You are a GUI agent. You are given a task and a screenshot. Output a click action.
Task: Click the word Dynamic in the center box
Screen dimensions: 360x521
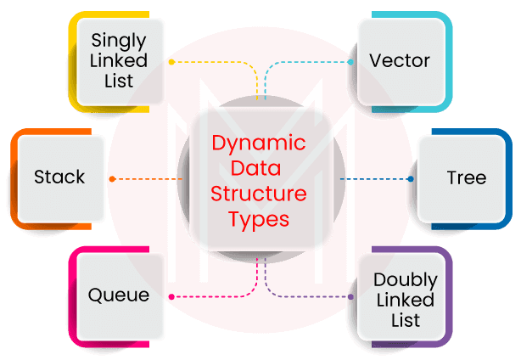pyautogui.click(x=259, y=143)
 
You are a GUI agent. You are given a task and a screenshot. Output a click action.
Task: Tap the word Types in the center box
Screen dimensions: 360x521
pyautogui.click(x=259, y=219)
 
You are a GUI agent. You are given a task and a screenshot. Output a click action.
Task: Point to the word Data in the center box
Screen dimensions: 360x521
pyautogui.click(x=259, y=169)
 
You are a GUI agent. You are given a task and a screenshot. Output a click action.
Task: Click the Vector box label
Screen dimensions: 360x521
pyautogui.click(x=400, y=61)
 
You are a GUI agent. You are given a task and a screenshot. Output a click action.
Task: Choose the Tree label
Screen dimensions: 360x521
pyautogui.click(x=466, y=177)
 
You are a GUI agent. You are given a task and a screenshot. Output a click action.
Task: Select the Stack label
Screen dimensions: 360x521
pyautogui.click(x=59, y=177)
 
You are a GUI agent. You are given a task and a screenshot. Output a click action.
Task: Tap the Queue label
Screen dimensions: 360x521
pyautogui.click(x=119, y=295)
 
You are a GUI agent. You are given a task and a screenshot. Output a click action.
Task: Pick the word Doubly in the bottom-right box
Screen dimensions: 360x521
pyautogui.click(x=406, y=280)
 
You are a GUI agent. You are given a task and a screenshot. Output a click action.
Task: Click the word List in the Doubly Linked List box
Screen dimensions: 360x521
pyautogui.click(x=406, y=321)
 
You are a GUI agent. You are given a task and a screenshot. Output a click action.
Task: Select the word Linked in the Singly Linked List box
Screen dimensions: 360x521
pyautogui.click(x=120, y=61)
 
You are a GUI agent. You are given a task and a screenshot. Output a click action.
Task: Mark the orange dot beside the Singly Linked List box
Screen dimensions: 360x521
pyautogui.click(x=171, y=62)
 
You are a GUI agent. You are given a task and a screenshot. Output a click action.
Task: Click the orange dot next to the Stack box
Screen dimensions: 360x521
pyautogui.click(x=112, y=179)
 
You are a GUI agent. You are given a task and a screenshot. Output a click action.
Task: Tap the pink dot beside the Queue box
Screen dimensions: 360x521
pyautogui.click(x=171, y=297)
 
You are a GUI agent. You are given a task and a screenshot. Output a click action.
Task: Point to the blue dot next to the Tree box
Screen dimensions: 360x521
pyautogui.click(x=411, y=179)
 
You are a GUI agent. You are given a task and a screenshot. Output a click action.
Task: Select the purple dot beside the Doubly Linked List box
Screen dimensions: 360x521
pyautogui.click(x=351, y=297)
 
